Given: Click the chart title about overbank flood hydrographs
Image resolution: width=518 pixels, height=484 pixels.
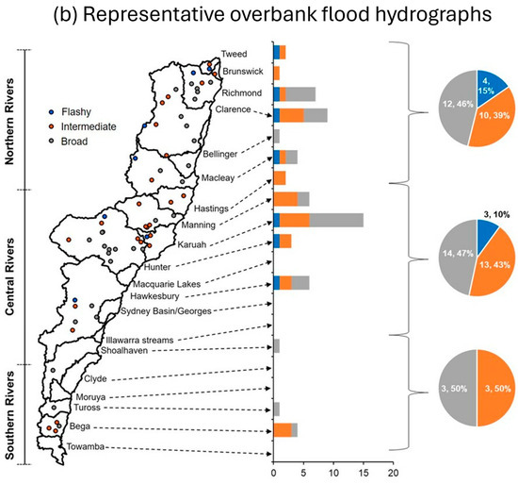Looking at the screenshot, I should coord(258,16).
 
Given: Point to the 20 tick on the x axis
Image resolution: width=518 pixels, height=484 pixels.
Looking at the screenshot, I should coord(393,476).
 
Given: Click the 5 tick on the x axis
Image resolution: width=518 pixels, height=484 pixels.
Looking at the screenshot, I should coord(303,476).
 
